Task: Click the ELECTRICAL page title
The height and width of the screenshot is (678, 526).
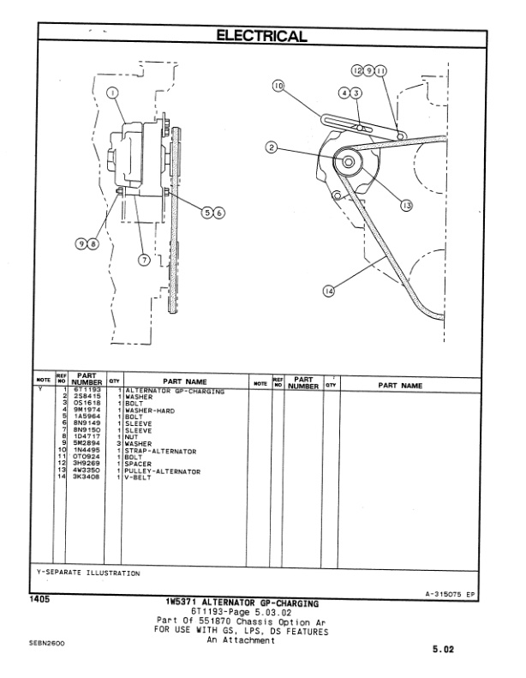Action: (263, 36)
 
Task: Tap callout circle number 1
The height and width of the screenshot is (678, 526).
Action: (111, 93)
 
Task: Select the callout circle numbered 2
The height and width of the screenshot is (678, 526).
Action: (272, 147)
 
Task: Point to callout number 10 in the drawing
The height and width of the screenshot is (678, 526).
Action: (278, 85)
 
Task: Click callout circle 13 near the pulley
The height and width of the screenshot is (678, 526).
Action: (405, 206)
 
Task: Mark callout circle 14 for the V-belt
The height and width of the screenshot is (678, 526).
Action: (329, 291)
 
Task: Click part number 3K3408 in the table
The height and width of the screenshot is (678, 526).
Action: (87, 476)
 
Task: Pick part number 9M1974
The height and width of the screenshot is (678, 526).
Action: (87, 410)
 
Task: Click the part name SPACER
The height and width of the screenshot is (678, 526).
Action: (138, 464)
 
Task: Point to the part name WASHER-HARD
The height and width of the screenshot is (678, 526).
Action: (149, 410)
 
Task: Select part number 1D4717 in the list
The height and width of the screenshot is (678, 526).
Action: (87, 436)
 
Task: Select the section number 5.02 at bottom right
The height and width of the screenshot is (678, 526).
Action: (443, 649)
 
